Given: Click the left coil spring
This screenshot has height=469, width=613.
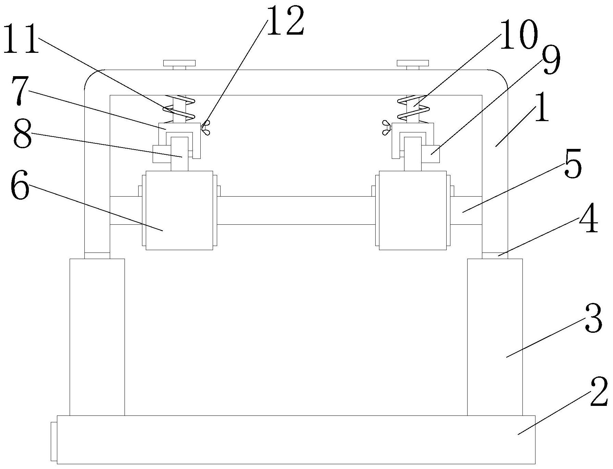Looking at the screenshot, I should [x=179, y=108].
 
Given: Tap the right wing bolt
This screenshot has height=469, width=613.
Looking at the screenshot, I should [x=387, y=127].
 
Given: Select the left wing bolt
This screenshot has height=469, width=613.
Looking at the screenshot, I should [x=206, y=127].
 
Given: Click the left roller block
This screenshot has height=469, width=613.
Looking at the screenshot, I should [x=179, y=210].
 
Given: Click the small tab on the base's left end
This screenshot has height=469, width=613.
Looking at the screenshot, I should [x=54, y=441].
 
